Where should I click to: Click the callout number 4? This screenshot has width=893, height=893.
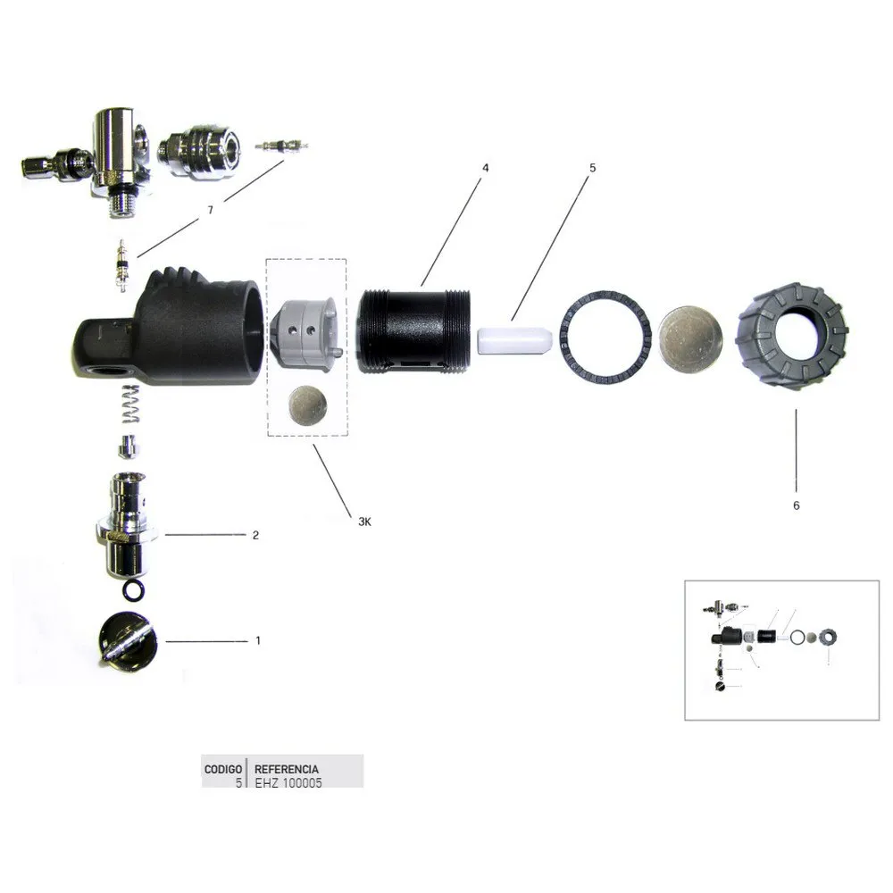pos(485,168)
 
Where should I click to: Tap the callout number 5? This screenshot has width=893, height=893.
pos(592,168)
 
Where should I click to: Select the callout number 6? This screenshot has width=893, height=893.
pos(797,505)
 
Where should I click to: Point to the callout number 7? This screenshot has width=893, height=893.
pos(210,210)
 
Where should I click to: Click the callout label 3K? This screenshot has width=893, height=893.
pos(364,522)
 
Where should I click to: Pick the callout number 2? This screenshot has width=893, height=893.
pos(255,535)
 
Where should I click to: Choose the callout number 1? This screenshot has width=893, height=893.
pos(258,640)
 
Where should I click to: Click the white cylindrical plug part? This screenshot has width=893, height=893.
pos(514,340)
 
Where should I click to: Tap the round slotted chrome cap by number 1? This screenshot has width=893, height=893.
pos(128,640)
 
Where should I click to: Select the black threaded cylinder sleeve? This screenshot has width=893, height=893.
pos(414,332)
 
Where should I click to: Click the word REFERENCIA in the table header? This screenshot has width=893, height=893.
pos(287,770)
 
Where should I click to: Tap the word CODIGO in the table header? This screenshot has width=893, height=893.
pos(223,770)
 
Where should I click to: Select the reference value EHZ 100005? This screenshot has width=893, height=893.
pos(288,783)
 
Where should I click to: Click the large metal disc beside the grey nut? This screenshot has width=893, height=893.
pos(690,340)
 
